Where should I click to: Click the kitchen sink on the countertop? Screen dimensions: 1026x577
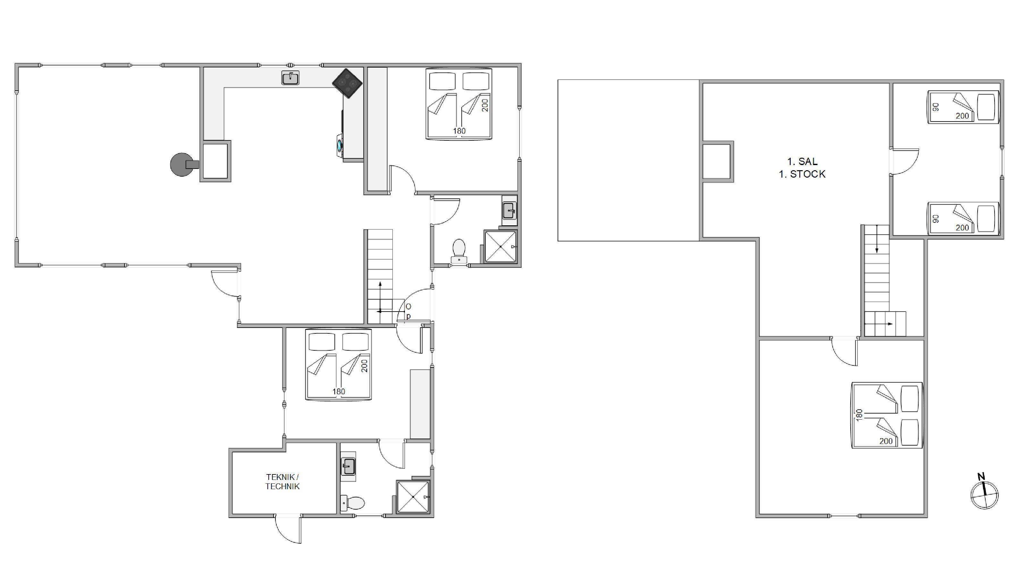point(290,78)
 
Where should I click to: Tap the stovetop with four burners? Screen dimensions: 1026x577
point(347,84)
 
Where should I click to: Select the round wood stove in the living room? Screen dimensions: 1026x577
point(182,164)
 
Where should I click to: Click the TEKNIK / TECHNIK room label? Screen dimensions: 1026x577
point(282,481)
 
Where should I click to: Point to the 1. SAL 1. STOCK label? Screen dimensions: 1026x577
point(802,168)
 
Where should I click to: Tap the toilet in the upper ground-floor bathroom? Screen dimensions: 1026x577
point(459,251)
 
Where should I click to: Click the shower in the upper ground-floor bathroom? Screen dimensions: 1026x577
point(500,247)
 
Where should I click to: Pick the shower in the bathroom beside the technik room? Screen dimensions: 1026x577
point(413,497)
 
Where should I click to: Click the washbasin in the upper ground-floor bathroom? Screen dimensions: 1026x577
point(509,210)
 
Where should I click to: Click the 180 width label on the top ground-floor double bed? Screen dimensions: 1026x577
point(459,130)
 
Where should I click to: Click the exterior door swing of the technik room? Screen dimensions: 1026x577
point(288,529)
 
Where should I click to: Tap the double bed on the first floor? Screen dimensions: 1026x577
point(887,415)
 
